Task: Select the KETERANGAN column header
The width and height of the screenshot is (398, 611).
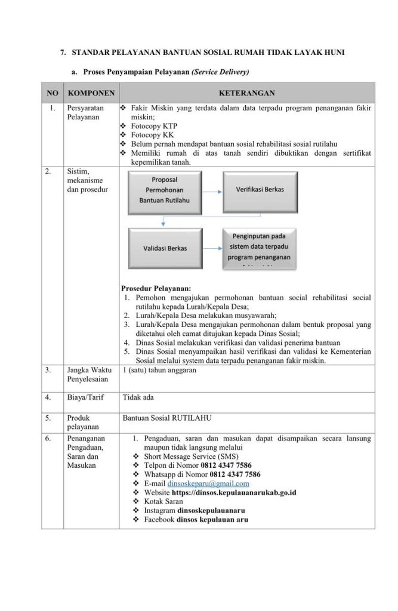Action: click(x=246, y=94)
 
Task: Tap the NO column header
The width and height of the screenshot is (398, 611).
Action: click(x=53, y=94)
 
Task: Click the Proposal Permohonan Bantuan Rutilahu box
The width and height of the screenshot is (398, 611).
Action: click(x=164, y=190)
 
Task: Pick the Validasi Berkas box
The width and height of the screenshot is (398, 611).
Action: click(x=164, y=247)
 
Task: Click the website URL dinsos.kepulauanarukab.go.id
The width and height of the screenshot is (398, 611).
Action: click(x=235, y=492)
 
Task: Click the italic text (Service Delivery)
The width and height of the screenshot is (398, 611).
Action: click(x=220, y=72)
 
